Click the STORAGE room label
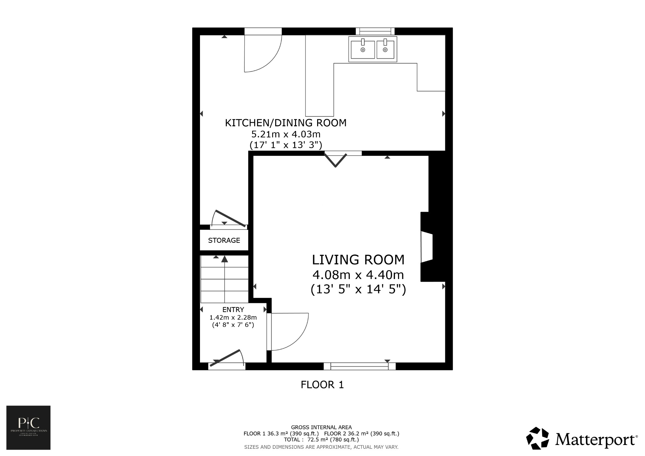(224, 241)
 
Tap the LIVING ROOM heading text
(358, 260)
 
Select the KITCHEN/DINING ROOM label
(286, 123)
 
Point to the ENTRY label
(233, 310)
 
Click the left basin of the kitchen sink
(363, 50)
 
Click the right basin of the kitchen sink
(385, 50)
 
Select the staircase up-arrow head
(224, 259)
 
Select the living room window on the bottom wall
(360, 366)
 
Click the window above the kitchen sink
(375, 31)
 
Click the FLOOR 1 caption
(322, 385)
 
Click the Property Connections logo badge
(28, 428)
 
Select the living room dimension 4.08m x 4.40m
(358, 275)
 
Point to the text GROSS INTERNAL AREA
(321, 427)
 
